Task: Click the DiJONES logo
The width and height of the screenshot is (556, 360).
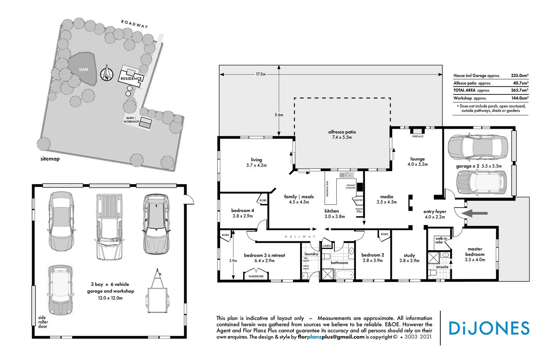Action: (x=489, y=328)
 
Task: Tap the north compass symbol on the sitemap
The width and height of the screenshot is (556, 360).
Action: (x=107, y=74)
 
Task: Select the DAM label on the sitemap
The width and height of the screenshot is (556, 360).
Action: (x=83, y=69)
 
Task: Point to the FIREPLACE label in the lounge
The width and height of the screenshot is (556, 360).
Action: (x=418, y=136)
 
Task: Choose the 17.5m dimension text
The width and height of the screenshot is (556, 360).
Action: (x=261, y=74)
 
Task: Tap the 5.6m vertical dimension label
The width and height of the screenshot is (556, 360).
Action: (x=278, y=114)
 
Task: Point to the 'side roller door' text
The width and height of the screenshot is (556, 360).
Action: (x=43, y=322)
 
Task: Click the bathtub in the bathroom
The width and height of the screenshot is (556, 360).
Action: (x=344, y=274)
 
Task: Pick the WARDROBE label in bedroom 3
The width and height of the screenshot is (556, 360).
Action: (x=256, y=276)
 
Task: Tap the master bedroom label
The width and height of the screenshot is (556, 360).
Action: (x=475, y=252)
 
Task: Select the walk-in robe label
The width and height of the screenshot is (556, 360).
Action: (x=441, y=240)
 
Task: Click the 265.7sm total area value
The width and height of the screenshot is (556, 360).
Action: (x=520, y=90)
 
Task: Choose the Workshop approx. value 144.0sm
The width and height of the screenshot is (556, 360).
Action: (x=520, y=98)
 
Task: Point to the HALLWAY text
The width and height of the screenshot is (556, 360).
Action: (x=300, y=237)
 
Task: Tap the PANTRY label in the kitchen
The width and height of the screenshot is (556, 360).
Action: (x=358, y=200)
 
